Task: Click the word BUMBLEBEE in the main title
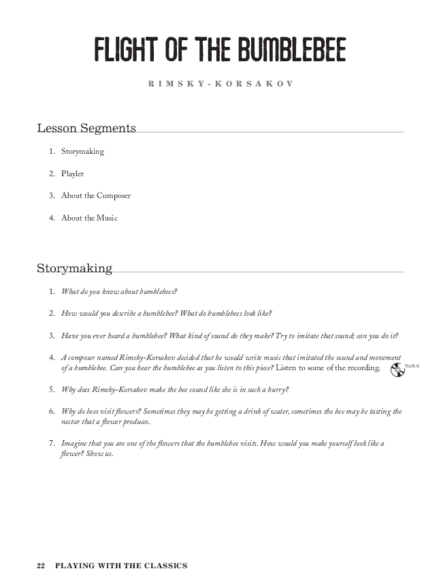[x=292, y=50]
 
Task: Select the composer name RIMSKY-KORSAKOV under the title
[x=220, y=84]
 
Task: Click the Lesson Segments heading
[x=86, y=128]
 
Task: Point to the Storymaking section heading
[x=74, y=268]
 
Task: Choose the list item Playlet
[x=72, y=174]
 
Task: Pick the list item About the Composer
[x=96, y=196]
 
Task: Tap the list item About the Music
[x=89, y=218]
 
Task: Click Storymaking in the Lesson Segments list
[x=82, y=151]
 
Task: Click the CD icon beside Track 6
[x=397, y=370]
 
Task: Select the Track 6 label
[x=412, y=366]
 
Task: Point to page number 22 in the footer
[x=41, y=566]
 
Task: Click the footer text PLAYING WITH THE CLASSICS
[x=121, y=566]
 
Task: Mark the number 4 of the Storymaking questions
[x=52, y=357]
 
